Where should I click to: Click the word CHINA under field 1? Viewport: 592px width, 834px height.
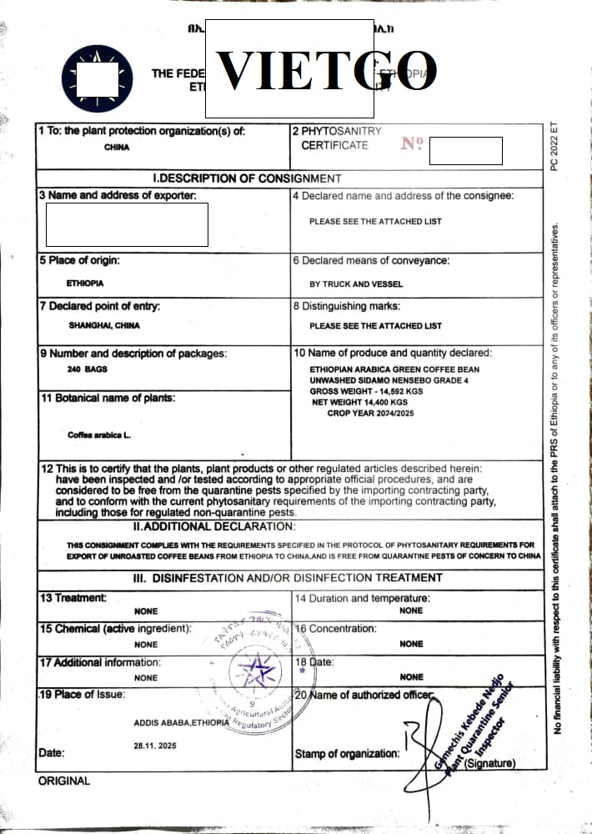click(x=117, y=148)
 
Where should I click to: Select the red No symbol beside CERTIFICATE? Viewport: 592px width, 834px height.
click(x=412, y=143)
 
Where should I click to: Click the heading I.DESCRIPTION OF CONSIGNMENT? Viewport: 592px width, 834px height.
click(x=248, y=178)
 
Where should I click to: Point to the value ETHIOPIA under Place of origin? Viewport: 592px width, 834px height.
click(x=85, y=284)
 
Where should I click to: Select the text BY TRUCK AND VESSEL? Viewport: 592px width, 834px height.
click(x=356, y=284)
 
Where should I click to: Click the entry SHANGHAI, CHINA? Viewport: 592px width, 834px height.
click(x=104, y=325)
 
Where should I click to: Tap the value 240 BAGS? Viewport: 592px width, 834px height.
click(x=87, y=369)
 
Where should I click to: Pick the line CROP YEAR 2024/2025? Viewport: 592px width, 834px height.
click(x=370, y=413)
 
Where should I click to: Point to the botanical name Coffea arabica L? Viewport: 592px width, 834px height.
click(x=99, y=435)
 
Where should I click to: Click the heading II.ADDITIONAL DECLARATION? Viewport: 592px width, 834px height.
click(x=214, y=526)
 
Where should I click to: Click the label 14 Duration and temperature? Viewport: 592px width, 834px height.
click(x=362, y=599)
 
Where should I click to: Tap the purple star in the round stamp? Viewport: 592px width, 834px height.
click(x=255, y=668)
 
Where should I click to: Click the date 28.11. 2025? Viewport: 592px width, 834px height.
click(x=155, y=745)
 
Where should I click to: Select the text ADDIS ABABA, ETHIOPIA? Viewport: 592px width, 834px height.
click(x=181, y=723)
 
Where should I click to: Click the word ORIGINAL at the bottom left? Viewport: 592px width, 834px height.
click(x=63, y=781)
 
